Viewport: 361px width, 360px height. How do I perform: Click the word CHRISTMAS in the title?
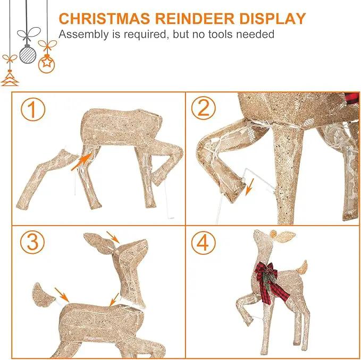pyautogui.click(x=105, y=19)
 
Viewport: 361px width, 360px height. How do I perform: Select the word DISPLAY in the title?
pyautogui.click(x=273, y=19)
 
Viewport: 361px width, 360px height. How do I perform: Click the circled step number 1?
pyautogui.click(x=32, y=110)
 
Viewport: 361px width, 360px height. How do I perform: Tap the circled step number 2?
pyautogui.click(x=204, y=108)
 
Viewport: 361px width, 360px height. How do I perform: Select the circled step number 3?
pyautogui.click(x=32, y=242)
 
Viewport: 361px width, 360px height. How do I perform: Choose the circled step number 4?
pyautogui.click(x=204, y=243)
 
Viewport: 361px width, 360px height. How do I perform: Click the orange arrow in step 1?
pyautogui.click(x=81, y=162)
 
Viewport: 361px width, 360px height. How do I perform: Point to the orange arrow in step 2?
pyautogui.click(x=249, y=187)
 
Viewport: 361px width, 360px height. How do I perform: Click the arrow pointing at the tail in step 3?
pyautogui.click(x=62, y=295)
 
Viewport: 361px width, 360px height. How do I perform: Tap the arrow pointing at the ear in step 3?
pyautogui.click(x=113, y=237)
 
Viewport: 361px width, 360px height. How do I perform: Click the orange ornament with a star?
pyautogui.click(x=46, y=64)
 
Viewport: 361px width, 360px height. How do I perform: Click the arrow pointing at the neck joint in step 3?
pyautogui.click(x=114, y=300)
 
